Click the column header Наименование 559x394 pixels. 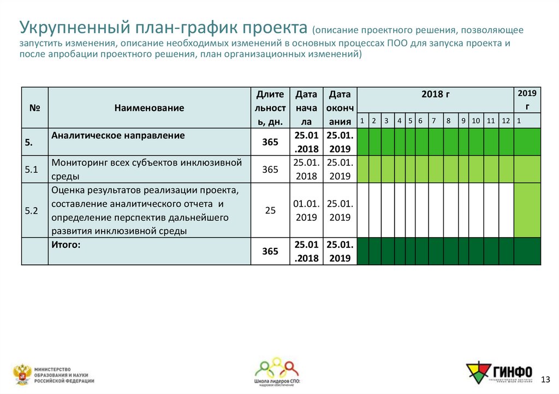[149, 108]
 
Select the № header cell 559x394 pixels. [35, 108]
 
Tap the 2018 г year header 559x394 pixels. [435, 94]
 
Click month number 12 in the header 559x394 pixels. [506, 120]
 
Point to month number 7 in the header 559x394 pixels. [433, 120]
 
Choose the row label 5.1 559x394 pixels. [31, 169]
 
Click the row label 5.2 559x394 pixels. [31, 210]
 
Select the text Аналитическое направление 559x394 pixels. [118, 135]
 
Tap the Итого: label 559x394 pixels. [66, 245]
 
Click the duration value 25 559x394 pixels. [270, 210]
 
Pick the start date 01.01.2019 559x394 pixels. [306, 210]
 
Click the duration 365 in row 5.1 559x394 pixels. [270, 169]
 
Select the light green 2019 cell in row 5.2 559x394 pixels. [527, 210]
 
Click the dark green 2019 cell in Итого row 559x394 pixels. [527, 251]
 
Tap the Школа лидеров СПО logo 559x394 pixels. [277, 373]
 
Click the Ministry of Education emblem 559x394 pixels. [22, 374]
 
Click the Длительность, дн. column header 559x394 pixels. [270, 108]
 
